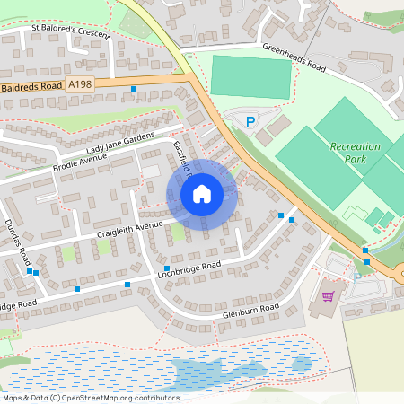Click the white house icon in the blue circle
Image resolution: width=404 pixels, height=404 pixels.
(201, 193)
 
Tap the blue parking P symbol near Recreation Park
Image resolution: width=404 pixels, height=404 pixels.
(250, 120)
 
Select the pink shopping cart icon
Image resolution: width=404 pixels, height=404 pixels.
(328, 294)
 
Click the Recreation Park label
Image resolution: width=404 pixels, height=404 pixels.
(355, 153)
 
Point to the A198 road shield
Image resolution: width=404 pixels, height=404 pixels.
(79, 84)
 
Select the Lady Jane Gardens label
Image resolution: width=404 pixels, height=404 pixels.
(121, 143)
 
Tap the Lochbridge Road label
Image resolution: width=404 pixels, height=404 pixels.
(187, 270)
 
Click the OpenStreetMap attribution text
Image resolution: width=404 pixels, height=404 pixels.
(90, 398)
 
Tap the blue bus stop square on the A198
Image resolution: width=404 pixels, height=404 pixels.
(134, 89)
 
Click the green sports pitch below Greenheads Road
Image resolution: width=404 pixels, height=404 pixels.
(250, 77)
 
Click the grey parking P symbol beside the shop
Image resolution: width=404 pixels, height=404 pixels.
(357, 277)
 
